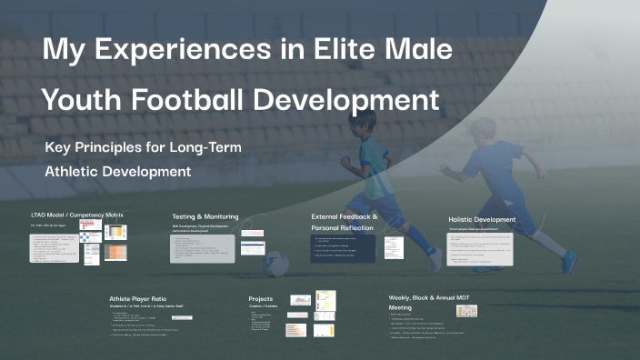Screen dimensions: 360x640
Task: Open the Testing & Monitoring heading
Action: [205, 217]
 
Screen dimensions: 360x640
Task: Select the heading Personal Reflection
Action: [345, 228]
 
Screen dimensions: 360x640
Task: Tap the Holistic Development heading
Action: [482, 219]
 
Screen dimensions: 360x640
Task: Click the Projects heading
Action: [261, 297]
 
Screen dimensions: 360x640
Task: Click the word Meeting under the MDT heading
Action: [401, 308]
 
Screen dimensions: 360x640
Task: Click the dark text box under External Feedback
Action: [343, 249]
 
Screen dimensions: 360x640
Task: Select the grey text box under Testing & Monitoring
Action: [204, 248]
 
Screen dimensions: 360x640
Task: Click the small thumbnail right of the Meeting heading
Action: [466, 310]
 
